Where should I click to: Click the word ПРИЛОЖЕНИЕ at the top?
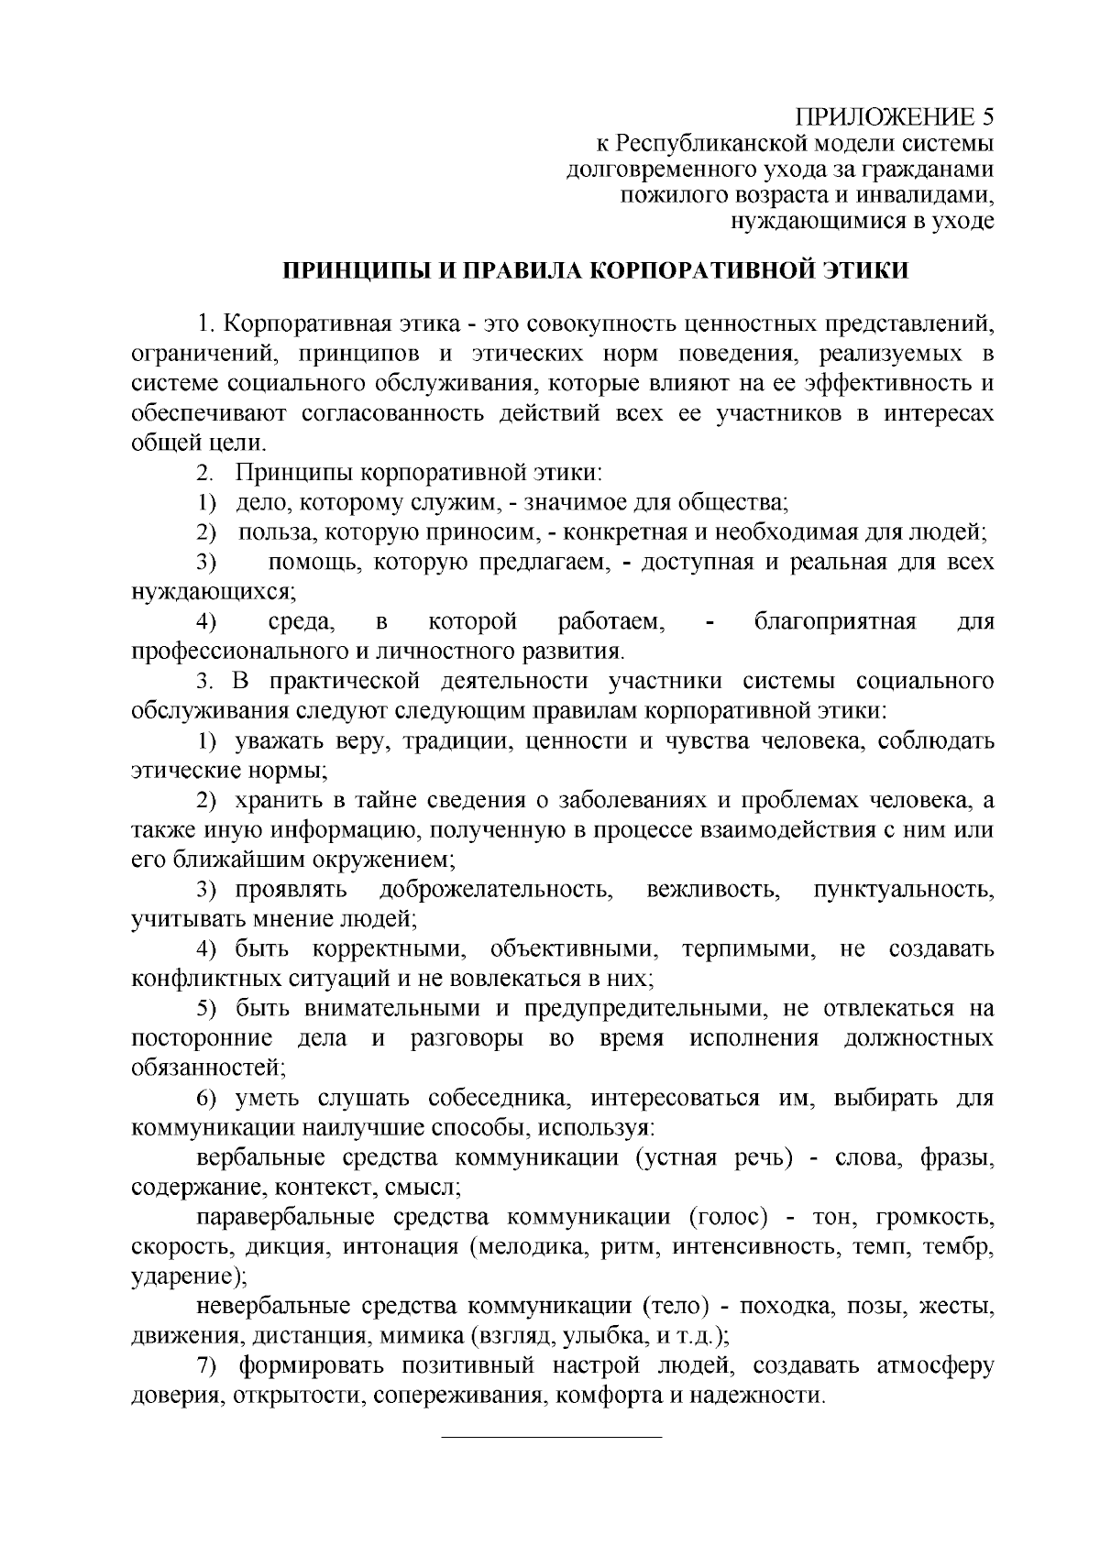(x=885, y=116)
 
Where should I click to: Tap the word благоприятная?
(x=835, y=622)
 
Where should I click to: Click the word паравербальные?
(x=286, y=1218)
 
